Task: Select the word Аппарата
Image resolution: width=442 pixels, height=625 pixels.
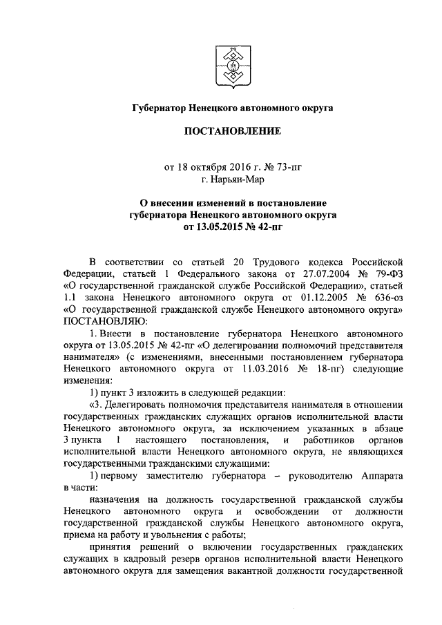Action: [x=378, y=476]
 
